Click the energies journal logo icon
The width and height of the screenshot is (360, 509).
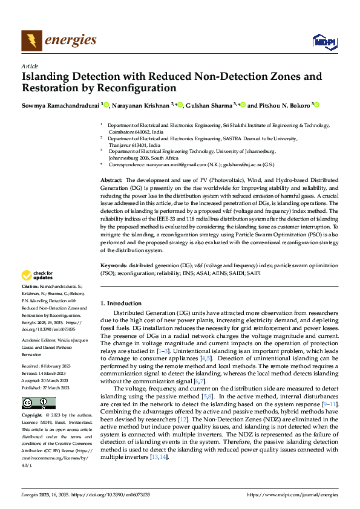click(31, 41)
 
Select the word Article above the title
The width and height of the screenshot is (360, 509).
click(29, 65)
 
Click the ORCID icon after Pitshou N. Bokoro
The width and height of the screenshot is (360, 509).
click(315, 105)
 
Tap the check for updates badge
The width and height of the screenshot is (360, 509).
click(38, 276)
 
